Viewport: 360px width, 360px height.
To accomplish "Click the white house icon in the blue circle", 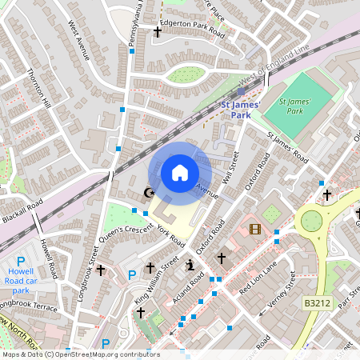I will pos(180,172).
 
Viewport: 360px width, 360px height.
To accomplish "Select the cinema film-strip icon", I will pos(255,230).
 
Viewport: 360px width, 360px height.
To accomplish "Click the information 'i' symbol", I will pos(190,266).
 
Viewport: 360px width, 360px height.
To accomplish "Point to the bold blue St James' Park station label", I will pos(235,108).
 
